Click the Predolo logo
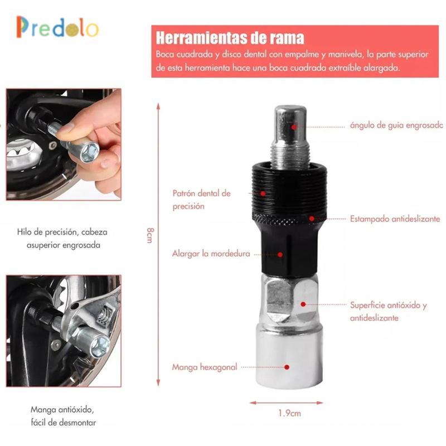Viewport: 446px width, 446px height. point(57,27)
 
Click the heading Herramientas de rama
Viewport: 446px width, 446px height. point(230,38)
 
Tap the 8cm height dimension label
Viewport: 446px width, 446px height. point(150,235)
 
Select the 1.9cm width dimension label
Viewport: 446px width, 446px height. point(289,413)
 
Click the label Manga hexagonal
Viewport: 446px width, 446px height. point(205,367)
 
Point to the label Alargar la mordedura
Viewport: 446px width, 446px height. point(211,254)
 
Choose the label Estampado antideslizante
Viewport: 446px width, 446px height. point(395,219)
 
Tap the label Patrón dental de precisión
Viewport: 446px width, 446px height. point(201,200)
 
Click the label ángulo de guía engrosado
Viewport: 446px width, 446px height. point(396,125)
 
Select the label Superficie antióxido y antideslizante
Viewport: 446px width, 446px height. point(388,311)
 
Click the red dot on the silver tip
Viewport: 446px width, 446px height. point(294,127)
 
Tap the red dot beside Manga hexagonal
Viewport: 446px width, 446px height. point(287,367)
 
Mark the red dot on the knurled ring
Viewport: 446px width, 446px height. point(312,219)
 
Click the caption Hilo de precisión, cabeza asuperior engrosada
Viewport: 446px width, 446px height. point(62,239)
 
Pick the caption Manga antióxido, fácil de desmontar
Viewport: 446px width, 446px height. point(63,416)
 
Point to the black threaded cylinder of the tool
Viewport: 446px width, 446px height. point(289,191)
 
